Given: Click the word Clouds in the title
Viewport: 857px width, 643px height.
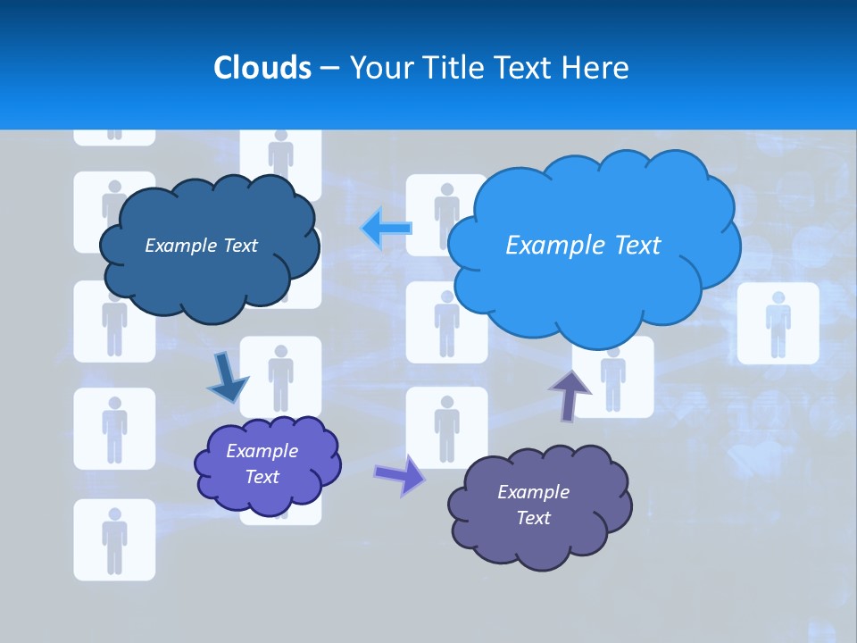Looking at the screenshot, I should [262, 67].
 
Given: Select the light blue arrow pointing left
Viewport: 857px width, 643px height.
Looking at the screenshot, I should [387, 228].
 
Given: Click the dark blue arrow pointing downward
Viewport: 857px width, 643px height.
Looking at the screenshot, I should [227, 379].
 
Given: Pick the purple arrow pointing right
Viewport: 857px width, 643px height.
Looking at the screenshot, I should [400, 474].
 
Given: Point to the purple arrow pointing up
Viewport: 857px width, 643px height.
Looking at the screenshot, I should [570, 394].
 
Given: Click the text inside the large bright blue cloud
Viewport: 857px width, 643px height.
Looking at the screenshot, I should [583, 246].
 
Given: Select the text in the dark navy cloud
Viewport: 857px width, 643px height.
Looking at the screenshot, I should [201, 246].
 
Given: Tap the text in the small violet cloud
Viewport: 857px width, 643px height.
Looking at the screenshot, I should [262, 463].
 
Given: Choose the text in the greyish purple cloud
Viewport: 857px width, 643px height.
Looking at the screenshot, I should [533, 505].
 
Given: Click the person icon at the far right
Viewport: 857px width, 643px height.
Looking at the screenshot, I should [778, 323].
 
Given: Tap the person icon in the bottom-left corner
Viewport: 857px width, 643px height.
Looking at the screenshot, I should [114, 539].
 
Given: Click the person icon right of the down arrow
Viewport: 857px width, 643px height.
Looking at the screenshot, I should [280, 376].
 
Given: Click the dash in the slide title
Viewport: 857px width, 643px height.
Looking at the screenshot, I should [329, 68].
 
